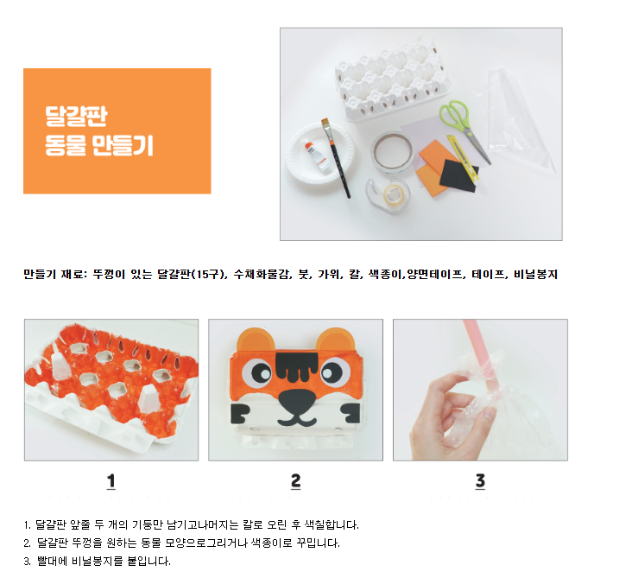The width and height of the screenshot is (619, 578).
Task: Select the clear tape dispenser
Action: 387,195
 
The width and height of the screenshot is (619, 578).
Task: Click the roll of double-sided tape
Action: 393,152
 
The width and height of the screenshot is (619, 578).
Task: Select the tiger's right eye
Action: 335,372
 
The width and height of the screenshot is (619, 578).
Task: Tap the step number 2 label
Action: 295,481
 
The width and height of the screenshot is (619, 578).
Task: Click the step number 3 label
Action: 480,481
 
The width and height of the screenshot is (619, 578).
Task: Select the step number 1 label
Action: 111,481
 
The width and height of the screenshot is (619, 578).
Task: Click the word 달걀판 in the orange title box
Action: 76,116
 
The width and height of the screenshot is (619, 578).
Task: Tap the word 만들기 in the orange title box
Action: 123,145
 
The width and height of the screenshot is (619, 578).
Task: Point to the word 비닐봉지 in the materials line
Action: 536,274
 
